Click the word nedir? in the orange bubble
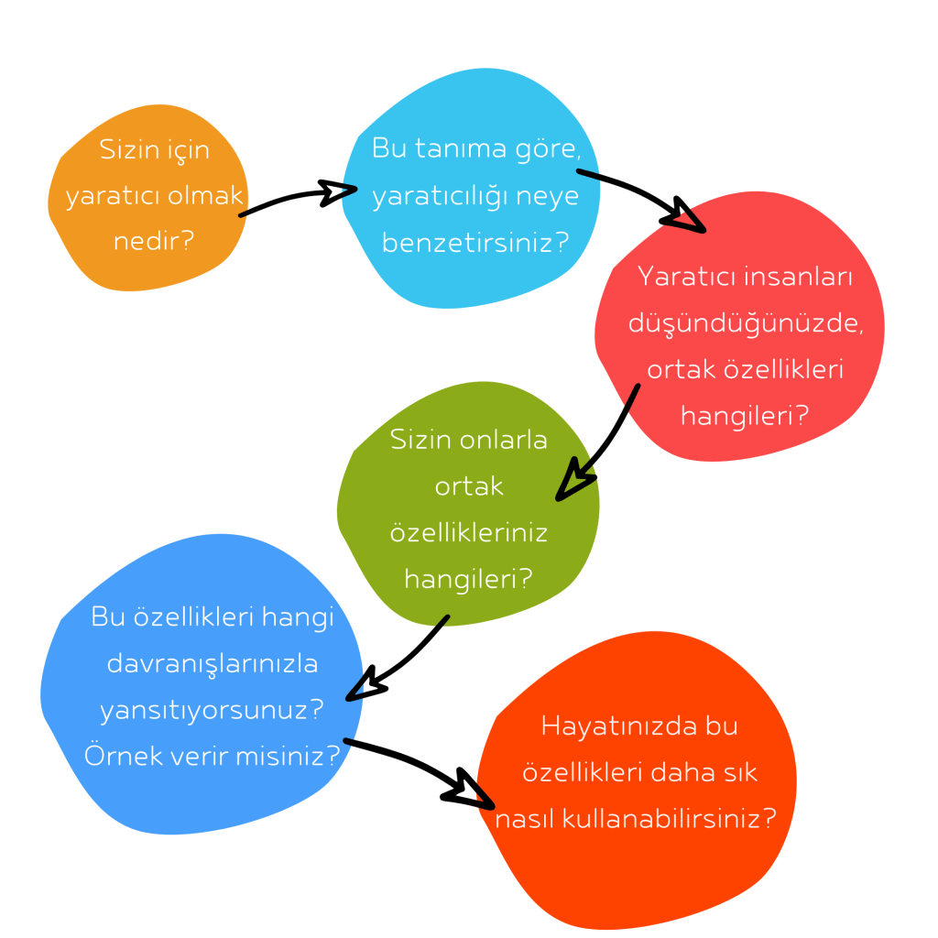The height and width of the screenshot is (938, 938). (x=154, y=241)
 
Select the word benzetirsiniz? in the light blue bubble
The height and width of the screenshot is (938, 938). (x=475, y=244)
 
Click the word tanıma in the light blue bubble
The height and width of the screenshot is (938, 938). (x=462, y=148)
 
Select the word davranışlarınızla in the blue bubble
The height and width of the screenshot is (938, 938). (x=213, y=663)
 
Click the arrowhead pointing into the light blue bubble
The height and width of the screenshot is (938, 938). (x=338, y=192)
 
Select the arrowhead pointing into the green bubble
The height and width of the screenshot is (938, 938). (x=573, y=484)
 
